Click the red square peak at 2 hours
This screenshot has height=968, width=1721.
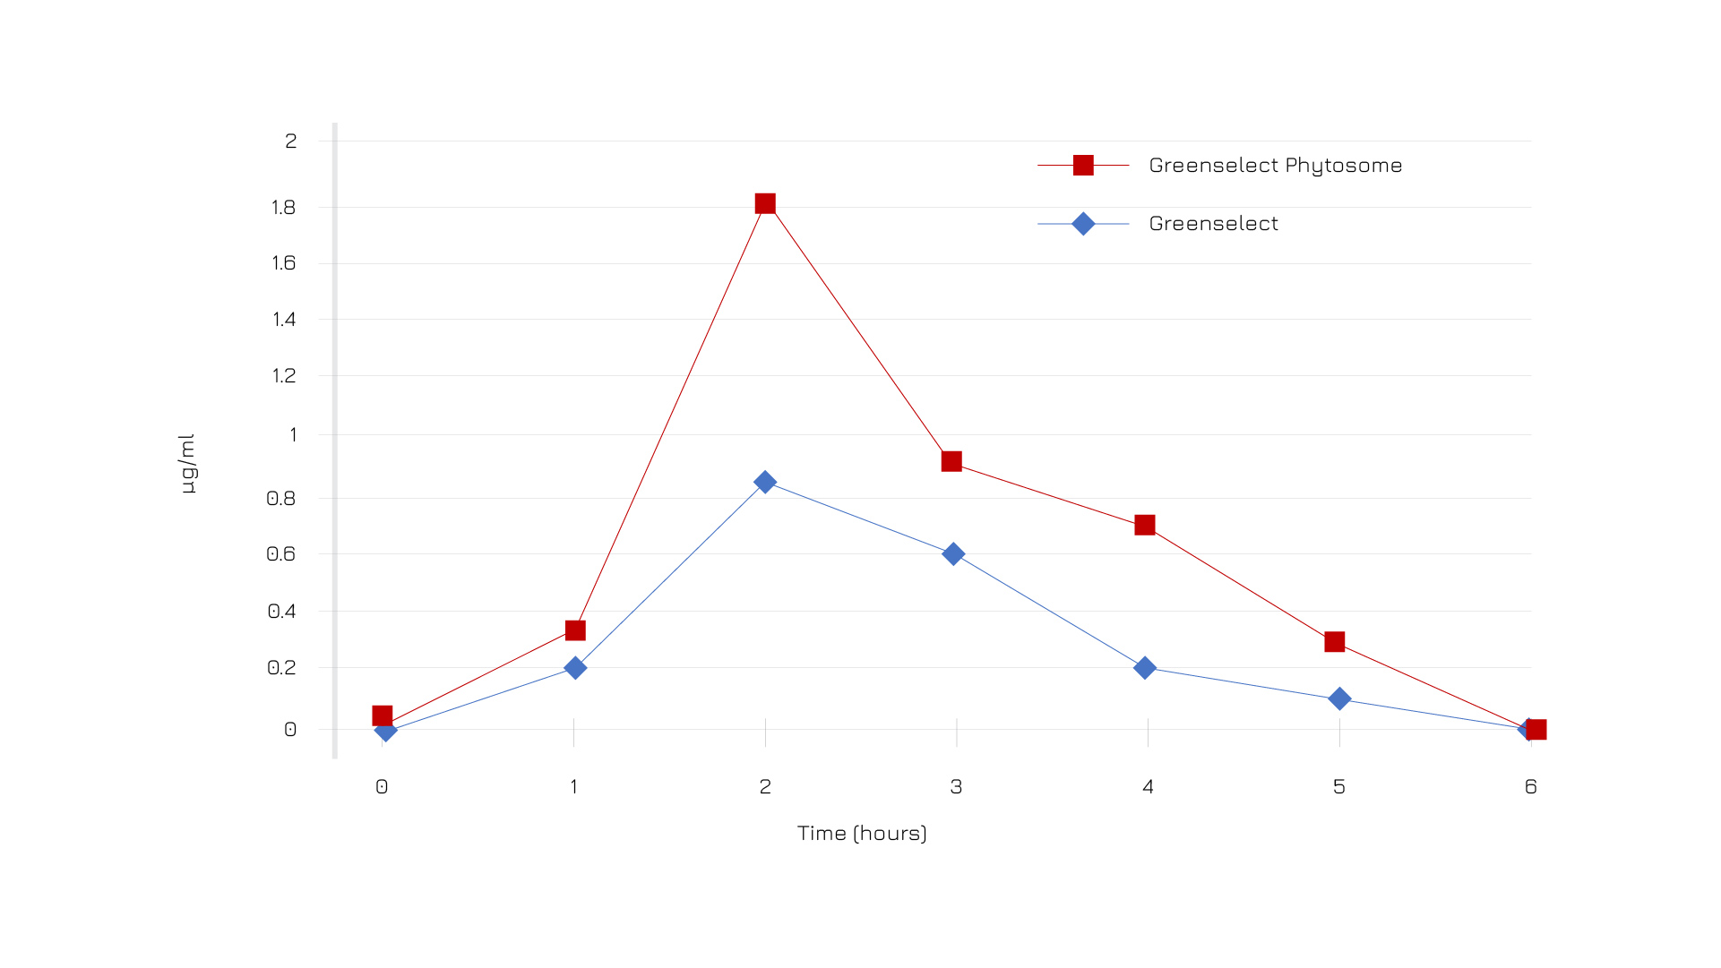[765, 204]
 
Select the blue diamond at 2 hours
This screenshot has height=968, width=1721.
[765, 482]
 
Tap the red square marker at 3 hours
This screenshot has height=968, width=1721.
[951, 462]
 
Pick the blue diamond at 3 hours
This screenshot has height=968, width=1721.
[953, 554]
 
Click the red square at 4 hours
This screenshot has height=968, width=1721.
[1145, 525]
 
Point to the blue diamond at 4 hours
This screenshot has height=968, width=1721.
[1145, 668]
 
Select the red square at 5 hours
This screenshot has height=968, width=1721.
[1335, 642]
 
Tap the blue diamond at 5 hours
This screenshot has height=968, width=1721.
[1339, 698]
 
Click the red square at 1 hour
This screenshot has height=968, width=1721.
[575, 631]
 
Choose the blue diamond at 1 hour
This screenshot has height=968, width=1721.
[575, 668]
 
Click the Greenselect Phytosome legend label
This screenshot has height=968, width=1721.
[1275, 166]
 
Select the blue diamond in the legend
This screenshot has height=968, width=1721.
[1083, 224]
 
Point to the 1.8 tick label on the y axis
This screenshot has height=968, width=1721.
[283, 208]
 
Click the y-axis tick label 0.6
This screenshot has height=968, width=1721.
[281, 554]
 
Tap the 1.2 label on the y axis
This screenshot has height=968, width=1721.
[284, 376]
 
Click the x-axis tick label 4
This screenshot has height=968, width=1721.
[1148, 787]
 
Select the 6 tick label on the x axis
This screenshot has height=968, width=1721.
[1530, 787]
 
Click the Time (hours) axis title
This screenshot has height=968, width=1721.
[862, 834]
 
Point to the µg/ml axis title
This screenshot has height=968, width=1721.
[186, 464]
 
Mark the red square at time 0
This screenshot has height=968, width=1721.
[383, 715]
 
